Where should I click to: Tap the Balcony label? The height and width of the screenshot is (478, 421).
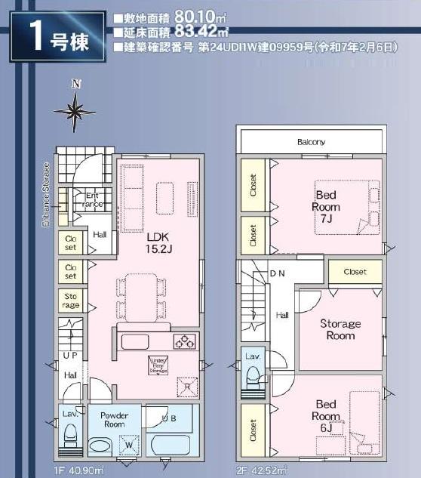(311, 141)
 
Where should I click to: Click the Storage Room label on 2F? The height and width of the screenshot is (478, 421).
(340, 329)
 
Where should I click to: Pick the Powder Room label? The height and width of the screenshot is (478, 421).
(115, 420)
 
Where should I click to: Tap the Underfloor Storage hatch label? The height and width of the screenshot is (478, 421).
(158, 365)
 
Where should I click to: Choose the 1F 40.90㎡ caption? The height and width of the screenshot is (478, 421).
(79, 470)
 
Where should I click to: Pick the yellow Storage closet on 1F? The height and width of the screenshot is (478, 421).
(70, 301)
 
